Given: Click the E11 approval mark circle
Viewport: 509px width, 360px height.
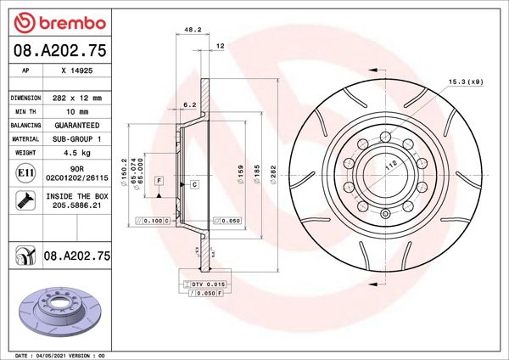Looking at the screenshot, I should click(x=25, y=173).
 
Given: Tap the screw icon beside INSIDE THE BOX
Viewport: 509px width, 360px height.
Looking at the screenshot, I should click(x=25, y=201).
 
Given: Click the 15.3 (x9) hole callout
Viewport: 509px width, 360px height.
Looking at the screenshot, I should click(x=465, y=82).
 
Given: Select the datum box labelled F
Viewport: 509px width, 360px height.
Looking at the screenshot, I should click(x=159, y=181).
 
